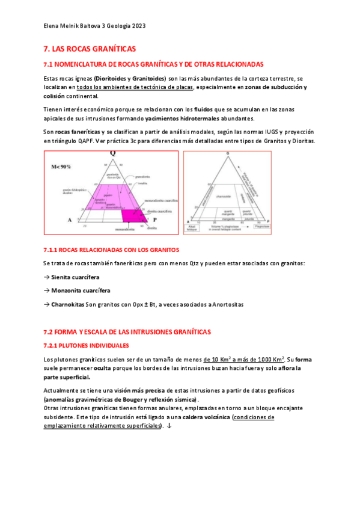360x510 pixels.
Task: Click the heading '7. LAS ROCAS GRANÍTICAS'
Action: pyautogui.click(x=90, y=48)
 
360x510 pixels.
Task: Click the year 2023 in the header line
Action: pyautogui.click(x=136, y=26)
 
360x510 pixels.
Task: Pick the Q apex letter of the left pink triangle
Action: pyautogui.click(x=112, y=153)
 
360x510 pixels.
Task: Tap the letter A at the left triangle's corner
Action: pyautogui.click(x=70, y=220)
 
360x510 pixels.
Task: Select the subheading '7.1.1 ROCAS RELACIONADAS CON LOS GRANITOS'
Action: pyautogui.click(x=111, y=249)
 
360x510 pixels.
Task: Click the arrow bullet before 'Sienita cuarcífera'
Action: pyautogui.click(x=47, y=277)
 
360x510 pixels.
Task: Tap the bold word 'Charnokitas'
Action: pyautogui.click(x=67, y=304)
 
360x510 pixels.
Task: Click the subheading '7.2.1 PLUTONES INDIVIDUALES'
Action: pyautogui.click(x=87, y=345)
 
